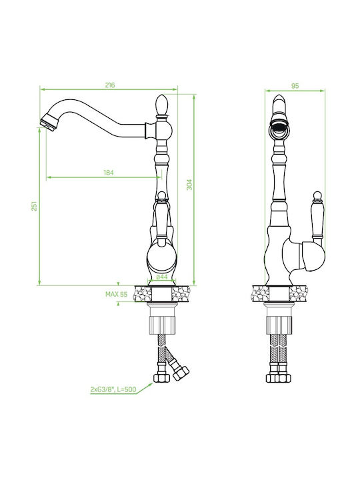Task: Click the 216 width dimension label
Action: click(x=110, y=85)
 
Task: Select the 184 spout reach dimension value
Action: click(x=109, y=173)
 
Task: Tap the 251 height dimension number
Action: click(x=34, y=206)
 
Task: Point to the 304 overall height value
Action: click(x=189, y=185)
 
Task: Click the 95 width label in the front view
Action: click(x=295, y=86)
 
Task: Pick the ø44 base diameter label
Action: click(x=162, y=277)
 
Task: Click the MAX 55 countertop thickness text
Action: click(x=116, y=294)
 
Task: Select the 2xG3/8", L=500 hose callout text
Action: click(x=113, y=390)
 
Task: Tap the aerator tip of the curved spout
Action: click(x=47, y=123)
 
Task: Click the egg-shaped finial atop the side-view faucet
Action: click(x=161, y=105)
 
